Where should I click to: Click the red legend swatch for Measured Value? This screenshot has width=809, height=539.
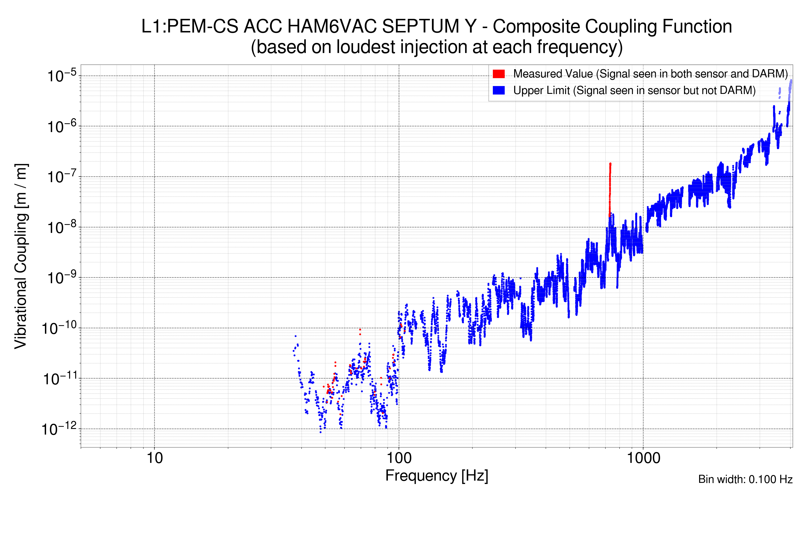pos(498,74)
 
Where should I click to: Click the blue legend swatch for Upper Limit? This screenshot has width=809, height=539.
pos(498,91)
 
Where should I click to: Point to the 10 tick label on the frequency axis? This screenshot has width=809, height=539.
pos(154,458)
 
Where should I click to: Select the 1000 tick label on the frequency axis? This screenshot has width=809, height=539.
pos(643,458)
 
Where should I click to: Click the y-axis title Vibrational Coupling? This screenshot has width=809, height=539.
pos(21,256)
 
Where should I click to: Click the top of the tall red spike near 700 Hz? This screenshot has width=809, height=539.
pos(610,164)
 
